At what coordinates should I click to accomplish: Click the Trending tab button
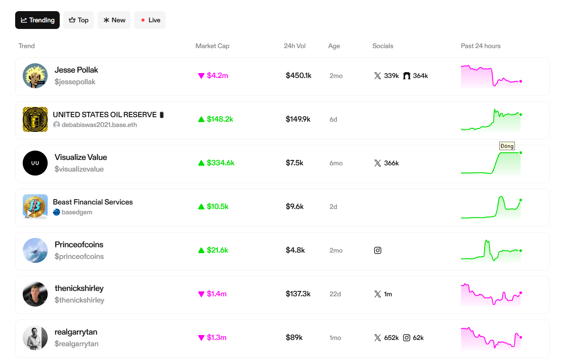click(x=37, y=20)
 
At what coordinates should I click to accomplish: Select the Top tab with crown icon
click(x=78, y=20)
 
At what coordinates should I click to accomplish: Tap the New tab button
click(x=114, y=20)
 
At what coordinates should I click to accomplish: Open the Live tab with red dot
click(x=150, y=20)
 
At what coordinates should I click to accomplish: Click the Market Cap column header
click(x=212, y=46)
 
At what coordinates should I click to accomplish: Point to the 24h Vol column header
click(x=295, y=46)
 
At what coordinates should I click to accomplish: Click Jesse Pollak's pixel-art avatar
click(x=35, y=76)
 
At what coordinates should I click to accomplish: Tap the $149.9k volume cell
click(x=298, y=119)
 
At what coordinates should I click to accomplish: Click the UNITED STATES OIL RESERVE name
click(x=105, y=115)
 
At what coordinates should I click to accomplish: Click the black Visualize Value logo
click(x=35, y=163)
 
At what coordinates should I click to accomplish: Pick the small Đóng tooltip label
click(x=507, y=146)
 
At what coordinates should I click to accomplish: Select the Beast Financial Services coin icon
click(x=35, y=207)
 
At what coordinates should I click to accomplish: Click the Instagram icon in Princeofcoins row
click(x=378, y=250)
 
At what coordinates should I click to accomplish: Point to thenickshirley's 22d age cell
click(x=335, y=294)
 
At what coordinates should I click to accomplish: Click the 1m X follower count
click(x=388, y=294)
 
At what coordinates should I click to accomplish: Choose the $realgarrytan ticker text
click(x=77, y=344)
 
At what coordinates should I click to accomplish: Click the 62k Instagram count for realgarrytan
click(x=418, y=338)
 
